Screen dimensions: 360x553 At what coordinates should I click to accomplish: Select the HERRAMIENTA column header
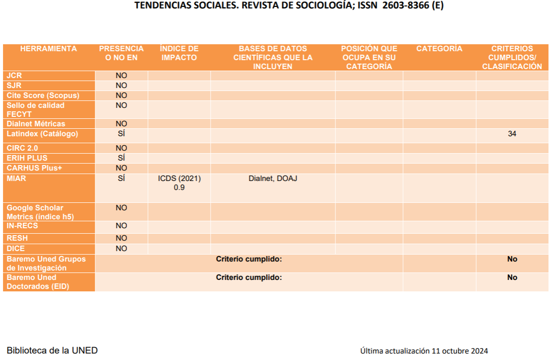click(49, 49)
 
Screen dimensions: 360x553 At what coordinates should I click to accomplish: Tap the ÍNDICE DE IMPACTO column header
click(179, 53)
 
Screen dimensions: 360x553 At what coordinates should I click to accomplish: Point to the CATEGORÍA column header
click(439, 49)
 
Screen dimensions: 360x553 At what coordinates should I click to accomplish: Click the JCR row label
click(14, 76)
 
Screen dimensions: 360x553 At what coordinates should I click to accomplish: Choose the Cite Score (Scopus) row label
click(43, 95)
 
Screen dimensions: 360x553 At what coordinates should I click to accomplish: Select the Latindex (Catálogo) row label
click(42, 134)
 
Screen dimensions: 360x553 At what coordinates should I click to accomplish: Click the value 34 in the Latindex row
click(512, 134)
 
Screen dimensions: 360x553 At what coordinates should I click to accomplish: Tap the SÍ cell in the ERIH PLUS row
click(121, 158)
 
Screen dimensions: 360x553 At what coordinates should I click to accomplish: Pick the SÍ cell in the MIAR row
click(121, 178)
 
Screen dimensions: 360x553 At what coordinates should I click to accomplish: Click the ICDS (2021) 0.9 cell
click(179, 183)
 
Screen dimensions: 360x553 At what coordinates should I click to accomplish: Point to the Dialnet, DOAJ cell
click(273, 178)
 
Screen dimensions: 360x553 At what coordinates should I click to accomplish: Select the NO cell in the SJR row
click(121, 86)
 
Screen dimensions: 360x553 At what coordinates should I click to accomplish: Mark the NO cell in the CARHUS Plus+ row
click(121, 168)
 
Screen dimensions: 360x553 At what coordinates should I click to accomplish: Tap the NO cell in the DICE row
click(121, 249)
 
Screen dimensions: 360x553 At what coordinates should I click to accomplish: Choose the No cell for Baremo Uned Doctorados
click(512, 277)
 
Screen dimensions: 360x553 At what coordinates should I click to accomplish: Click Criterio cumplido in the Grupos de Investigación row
click(248, 259)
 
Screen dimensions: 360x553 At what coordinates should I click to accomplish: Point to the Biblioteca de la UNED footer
click(52, 351)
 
